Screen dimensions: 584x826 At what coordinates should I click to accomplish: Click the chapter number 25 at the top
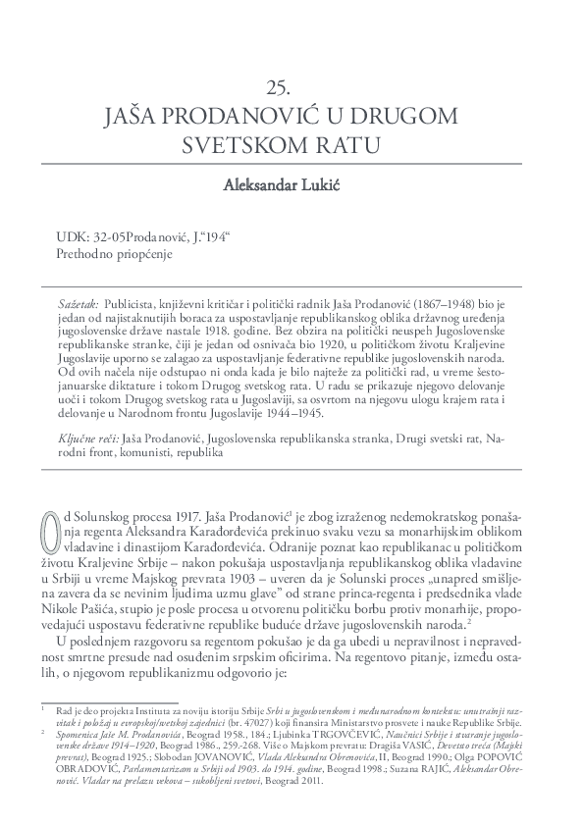292,86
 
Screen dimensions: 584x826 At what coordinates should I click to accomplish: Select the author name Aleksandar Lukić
292,186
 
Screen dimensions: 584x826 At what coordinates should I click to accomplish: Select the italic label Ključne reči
89,439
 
